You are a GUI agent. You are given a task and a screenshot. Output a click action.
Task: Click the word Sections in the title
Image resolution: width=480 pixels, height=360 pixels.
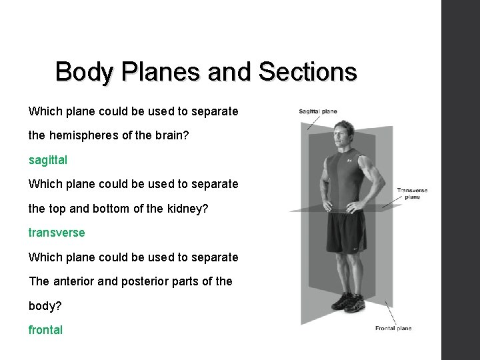pyautogui.click(x=309, y=71)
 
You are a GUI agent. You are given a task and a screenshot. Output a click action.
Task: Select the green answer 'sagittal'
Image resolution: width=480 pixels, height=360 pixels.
pyautogui.click(x=48, y=161)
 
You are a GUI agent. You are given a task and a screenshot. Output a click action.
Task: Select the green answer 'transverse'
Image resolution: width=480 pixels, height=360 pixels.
pyautogui.click(x=57, y=233)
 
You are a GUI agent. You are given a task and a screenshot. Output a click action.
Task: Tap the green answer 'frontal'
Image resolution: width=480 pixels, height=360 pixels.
pyautogui.click(x=45, y=329)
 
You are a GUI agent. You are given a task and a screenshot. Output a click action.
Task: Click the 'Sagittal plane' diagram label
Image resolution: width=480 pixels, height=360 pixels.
pyautogui.click(x=318, y=111)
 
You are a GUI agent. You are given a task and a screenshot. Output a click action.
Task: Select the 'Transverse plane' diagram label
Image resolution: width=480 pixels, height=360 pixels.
pyautogui.click(x=411, y=193)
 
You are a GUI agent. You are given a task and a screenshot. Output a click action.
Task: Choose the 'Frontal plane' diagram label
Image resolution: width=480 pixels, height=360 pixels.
pyautogui.click(x=393, y=328)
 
